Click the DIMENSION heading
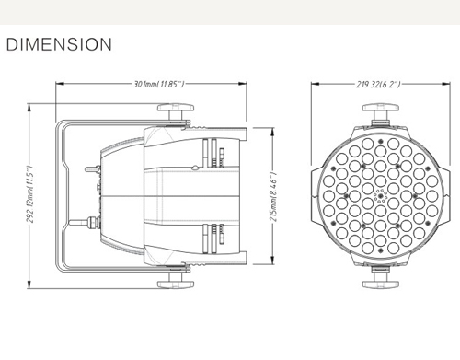point(59,44)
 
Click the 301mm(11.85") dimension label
point(158,84)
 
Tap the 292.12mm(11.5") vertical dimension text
point(30,194)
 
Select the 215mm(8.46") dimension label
point(273,197)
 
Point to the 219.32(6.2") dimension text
point(378,84)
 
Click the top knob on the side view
point(176,111)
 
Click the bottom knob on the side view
point(176,280)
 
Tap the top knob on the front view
point(381,111)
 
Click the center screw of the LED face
point(381,196)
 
